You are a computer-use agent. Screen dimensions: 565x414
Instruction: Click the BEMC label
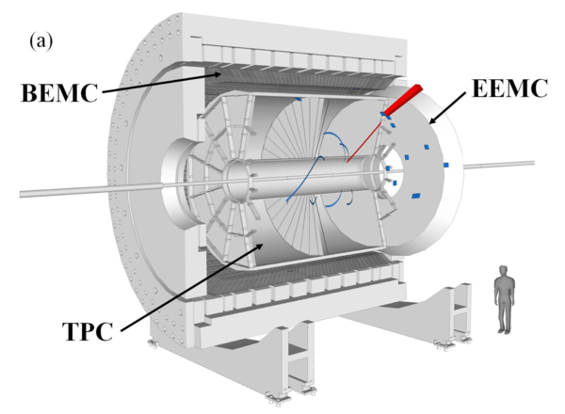click(x=59, y=93)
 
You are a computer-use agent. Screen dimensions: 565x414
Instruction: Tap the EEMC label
click(x=509, y=88)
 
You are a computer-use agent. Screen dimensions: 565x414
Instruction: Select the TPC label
click(x=89, y=331)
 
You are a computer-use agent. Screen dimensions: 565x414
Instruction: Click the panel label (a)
click(x=40, y=41)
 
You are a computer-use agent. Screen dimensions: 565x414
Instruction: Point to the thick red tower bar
click(x=403, y=100)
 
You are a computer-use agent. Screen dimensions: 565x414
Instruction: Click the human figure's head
click(x=504, y=271)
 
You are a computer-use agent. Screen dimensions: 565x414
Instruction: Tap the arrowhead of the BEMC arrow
click(x=218, y=74)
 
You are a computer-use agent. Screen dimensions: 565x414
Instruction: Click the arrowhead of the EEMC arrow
click(x=431, y=120)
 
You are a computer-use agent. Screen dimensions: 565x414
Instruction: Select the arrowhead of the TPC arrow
click(x=260, y=247)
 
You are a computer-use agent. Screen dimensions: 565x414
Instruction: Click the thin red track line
click(x=363, y=142)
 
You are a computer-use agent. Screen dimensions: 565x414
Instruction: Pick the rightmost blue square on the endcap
click(x=445, y=165)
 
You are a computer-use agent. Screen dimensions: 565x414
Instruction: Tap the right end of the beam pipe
click(x=532, y=163)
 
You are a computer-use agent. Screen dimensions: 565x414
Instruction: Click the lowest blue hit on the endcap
click(x=416, y=196)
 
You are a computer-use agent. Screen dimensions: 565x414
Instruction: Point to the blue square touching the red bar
click(x=382, y=114)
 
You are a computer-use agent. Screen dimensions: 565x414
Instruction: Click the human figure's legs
click(x=505, y=316)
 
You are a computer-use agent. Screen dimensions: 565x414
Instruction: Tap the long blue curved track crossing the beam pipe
click(x=304, y=179)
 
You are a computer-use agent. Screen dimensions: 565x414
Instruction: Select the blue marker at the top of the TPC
click(x=298, y=99)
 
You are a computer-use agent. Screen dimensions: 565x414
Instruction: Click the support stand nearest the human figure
click(x=455, y=312)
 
